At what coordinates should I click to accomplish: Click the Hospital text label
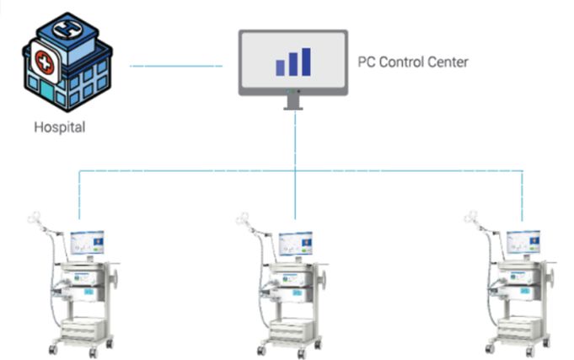(59, 128)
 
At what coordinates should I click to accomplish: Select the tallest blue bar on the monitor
(306, 61)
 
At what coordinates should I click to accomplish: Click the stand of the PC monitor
(292, 101)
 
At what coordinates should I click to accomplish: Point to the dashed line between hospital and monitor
(176, 66)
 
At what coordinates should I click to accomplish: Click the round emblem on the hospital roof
(64, 29)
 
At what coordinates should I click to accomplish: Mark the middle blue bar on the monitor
(292, 64)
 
